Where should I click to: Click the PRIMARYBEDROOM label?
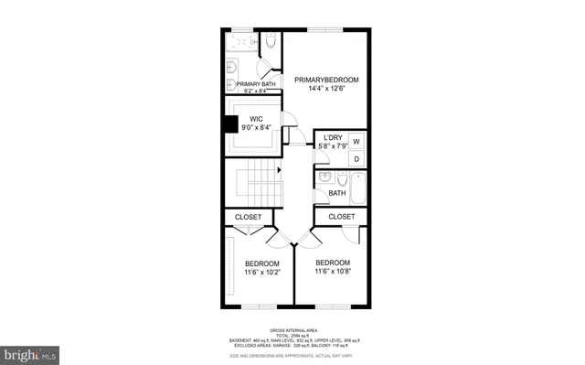326,80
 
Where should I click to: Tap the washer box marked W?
356,141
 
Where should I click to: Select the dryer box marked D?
356,159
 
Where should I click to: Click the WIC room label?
257,119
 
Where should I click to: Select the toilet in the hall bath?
341,179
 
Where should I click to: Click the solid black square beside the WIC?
231,126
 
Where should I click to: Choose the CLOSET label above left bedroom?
249,217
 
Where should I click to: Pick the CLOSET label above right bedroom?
341,216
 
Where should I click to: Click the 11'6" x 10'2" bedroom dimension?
262,272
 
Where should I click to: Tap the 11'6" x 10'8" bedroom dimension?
333,271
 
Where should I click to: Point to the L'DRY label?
334,137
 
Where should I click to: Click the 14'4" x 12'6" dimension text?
326,90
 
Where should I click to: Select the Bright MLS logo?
30,352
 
